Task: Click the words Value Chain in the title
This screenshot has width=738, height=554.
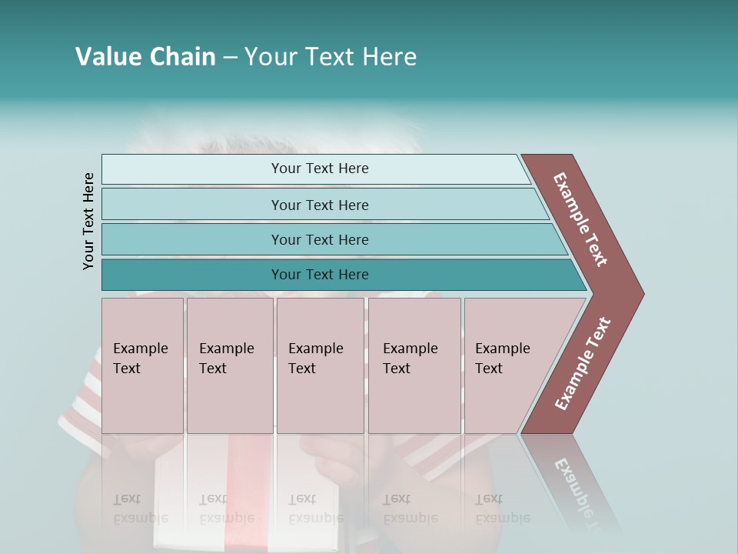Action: (145, 57)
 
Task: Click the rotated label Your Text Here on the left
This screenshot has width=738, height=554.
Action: (88, 221)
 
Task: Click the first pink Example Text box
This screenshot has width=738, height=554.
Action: (142, 365)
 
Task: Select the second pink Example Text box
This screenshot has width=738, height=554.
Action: (230, 365)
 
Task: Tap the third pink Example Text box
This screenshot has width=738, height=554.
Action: (320, 365)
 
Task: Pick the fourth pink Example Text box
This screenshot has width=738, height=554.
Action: (414, 365)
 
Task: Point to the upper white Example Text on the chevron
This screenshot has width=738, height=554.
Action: (580, 219)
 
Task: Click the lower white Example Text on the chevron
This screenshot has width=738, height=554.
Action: (582, 364)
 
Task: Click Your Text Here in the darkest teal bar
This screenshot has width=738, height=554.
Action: (320, 275)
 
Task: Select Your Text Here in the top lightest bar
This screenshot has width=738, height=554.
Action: (320, 169)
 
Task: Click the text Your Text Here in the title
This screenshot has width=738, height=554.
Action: (331, 57)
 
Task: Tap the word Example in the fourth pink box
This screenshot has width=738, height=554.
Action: (411, 349)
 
